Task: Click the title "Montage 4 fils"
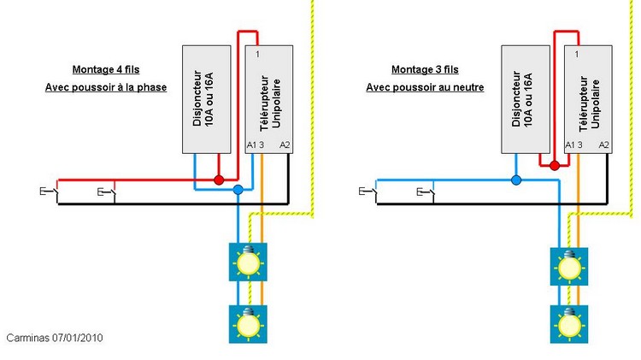[106, 69]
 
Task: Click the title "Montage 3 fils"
[425, 69]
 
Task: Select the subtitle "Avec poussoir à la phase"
[106, 87]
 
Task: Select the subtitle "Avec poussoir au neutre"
[425, 87]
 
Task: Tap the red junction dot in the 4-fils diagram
[219, 180]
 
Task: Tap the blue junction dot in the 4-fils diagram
[238, 190]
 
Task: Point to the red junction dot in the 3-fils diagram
[555, 166]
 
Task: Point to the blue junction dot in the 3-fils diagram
[516, 180]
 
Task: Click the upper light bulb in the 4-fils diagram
[248, 263]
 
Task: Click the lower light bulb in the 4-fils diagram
[248, 324]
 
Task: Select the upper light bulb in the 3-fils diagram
[569, 266]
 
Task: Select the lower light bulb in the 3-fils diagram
[569, 324]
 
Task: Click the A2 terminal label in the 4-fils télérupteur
[285, 145]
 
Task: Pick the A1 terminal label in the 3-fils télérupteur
[570, 145]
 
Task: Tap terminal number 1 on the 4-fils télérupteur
[257, 54]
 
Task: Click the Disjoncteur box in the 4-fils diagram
[207, 99]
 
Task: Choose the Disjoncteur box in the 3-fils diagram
[526, 99]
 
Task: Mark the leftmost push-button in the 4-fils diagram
[50, 192]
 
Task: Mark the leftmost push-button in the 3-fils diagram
[368, 192]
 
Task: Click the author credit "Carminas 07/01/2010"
[55, 338]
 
